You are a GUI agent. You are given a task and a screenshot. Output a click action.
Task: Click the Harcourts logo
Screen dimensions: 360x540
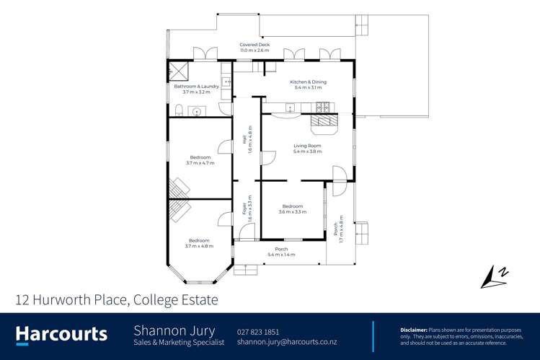pos(61,335)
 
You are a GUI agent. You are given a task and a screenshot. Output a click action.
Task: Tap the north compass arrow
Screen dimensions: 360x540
pos(492,276)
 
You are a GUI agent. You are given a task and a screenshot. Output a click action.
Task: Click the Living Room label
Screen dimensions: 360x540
pos(307,149)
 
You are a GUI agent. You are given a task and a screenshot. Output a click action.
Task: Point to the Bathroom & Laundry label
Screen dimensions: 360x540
pos(196,89)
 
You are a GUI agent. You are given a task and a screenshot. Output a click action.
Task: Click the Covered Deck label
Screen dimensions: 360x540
pos(254,48)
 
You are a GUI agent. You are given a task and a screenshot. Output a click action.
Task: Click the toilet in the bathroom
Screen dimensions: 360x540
pos(177,110)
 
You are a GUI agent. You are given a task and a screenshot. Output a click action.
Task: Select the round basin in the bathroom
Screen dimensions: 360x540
pos(196,112)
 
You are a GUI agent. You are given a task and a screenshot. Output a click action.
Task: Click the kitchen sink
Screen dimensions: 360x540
pos(290,109)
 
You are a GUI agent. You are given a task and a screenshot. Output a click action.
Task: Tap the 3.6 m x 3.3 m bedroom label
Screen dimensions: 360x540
pos(292,208)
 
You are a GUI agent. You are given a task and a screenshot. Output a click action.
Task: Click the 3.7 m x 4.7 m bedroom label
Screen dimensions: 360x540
pos(200,160)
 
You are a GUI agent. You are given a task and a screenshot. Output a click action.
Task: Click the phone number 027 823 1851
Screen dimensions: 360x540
pos(257,331)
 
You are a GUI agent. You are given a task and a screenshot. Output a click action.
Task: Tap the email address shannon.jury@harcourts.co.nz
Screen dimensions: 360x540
pos(286,342)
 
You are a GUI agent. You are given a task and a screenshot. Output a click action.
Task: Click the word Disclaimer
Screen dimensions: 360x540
pos(414,329)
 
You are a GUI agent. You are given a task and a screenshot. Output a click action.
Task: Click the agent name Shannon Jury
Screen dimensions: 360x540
pos(174,330)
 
